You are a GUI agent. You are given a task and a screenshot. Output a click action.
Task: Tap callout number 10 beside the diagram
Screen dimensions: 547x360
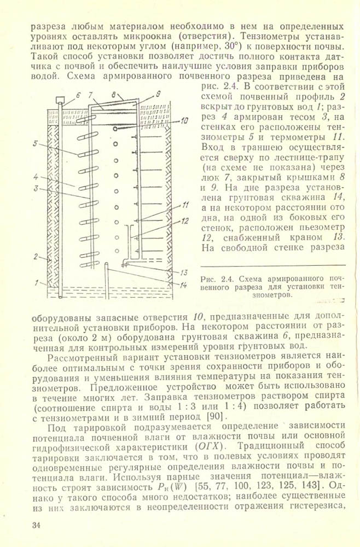pyautogui.click(x=185, y=120)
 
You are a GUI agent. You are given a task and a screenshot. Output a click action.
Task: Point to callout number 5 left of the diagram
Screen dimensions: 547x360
pyautogui.click(x=34, y=144)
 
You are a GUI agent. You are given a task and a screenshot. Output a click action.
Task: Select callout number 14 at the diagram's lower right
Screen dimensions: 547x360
pyautogui.click(x=184, y=285)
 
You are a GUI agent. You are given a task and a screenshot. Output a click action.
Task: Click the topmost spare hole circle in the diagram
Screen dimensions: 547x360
pyautogui.click(x=115, y=143)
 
